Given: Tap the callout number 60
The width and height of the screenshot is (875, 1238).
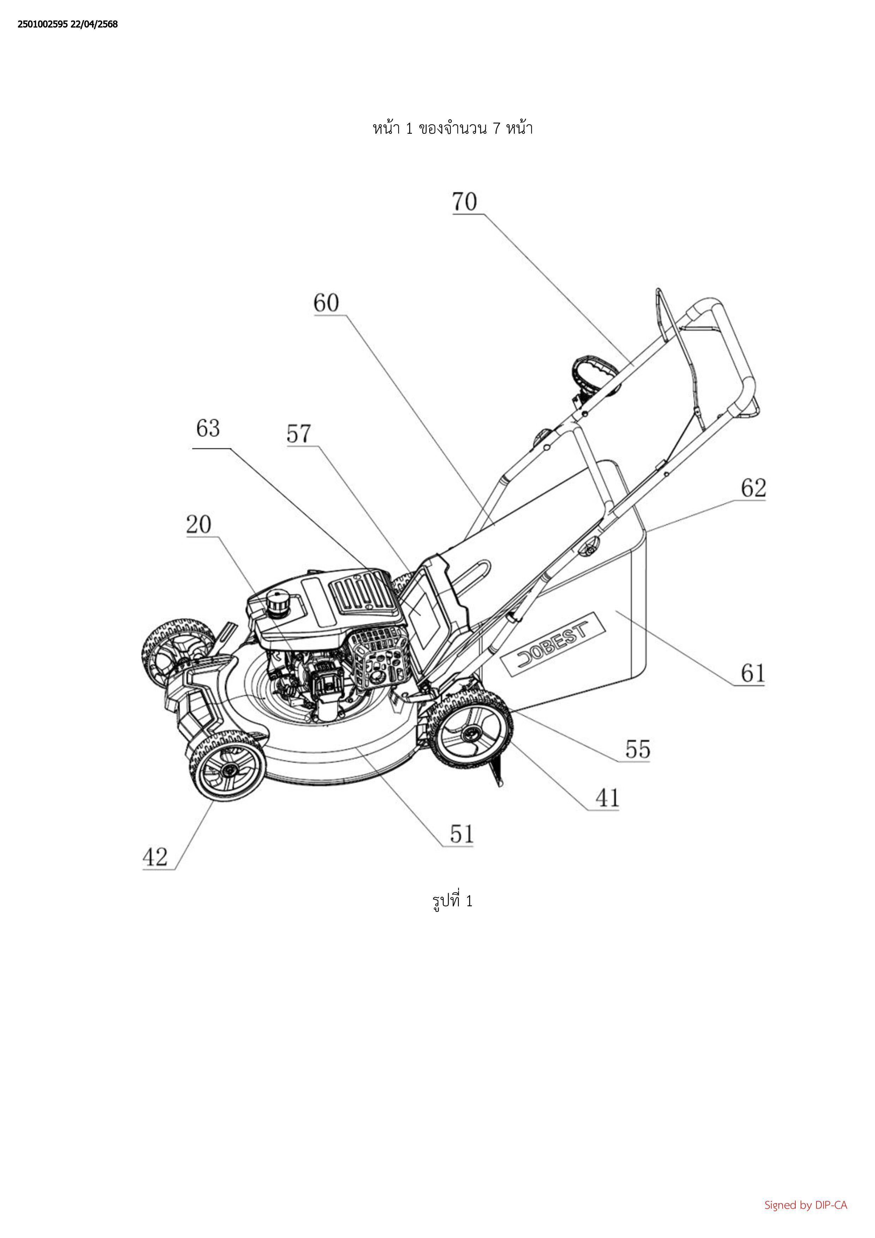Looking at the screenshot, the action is pyautogui.click(x=327, y=303).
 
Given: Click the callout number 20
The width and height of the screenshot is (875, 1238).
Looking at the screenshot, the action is pyautogui.click(x=199, y=524).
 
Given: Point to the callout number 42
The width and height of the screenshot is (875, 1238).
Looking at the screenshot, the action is pyautogui.click(x=155, y=857).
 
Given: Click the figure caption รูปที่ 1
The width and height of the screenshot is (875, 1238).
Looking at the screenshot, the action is pyautogui.click(x=452, y=901).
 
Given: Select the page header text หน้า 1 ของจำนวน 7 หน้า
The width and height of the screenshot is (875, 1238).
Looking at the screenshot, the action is pyautogui.click(x=452, y=128).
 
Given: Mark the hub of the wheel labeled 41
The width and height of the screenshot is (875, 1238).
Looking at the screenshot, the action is pyautogui.click(x=474, y=732).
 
